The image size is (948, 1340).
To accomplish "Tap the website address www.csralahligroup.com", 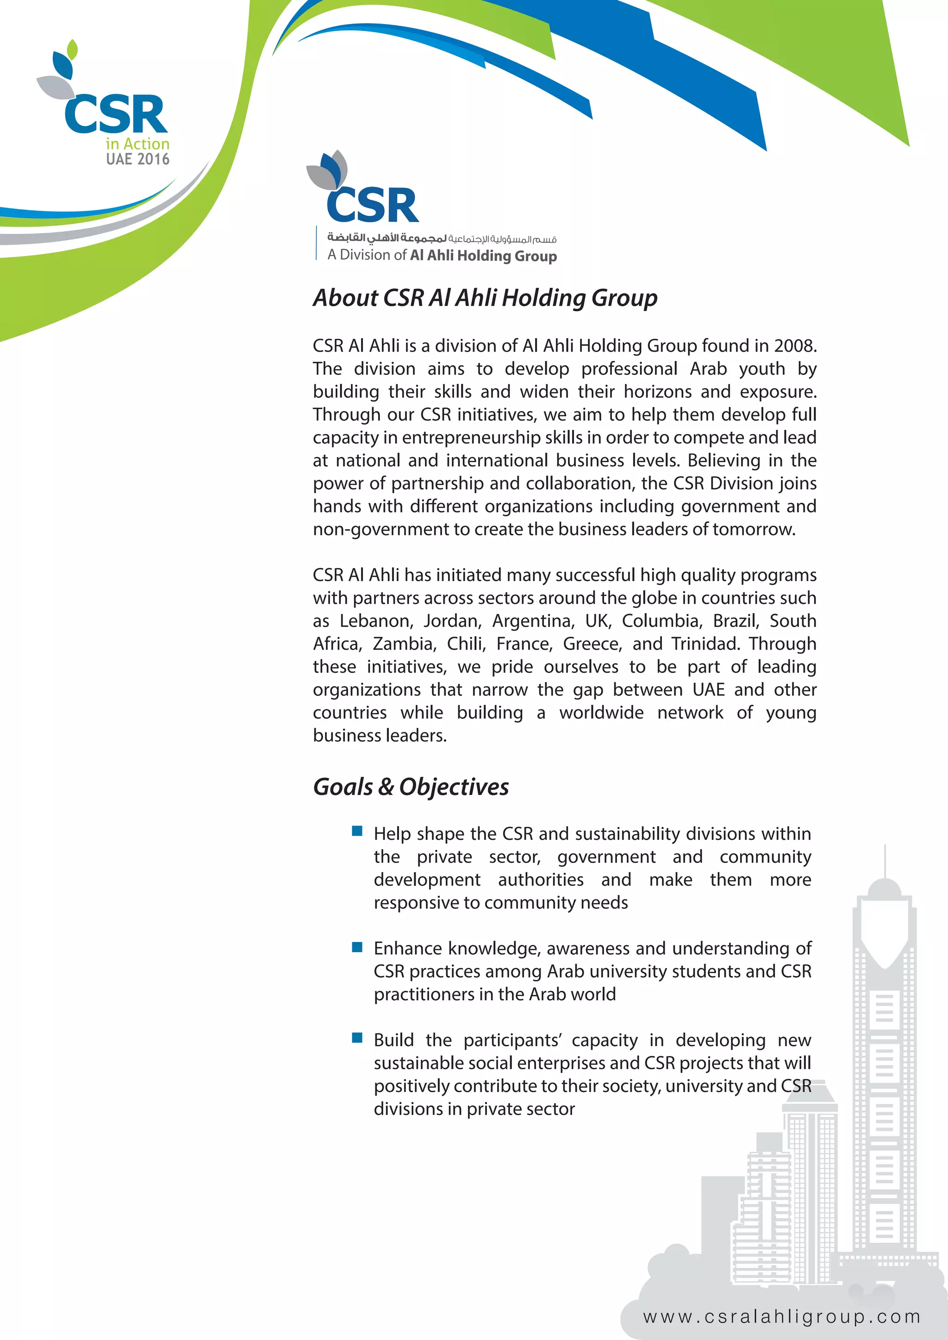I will click(782, 1317).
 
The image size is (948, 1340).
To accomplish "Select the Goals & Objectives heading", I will click(411, 787).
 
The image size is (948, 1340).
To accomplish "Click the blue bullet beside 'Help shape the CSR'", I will click(357, 831).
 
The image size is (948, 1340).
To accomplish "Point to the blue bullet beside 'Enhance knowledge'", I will click(357, 946).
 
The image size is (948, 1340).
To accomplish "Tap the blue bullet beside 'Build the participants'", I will click(357, 1038).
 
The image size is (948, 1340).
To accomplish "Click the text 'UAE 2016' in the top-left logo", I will click(138, 159).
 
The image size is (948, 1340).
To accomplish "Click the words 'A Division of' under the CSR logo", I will click(367, 255).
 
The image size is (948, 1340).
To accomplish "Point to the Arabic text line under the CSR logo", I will click(442, 238).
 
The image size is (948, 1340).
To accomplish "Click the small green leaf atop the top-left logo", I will click(72, 49).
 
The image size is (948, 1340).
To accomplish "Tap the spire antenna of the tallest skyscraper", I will click(885, 861).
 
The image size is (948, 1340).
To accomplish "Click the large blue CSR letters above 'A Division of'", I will click(373, 205).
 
